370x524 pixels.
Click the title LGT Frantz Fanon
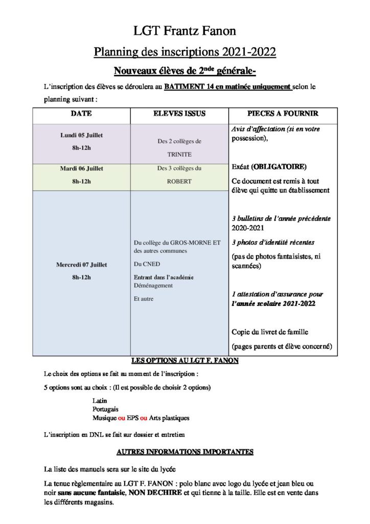pyautogui.click(x=184, y=31)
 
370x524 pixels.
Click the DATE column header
pyautogui.click(x=81, y=114)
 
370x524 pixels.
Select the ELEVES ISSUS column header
pyautogui.click(x=179, y=114)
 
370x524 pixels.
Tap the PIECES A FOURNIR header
pyautogui.click(x=283, y=114)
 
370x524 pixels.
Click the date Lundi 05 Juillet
pyautogui.click(x=81, y=136)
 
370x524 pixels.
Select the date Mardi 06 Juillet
pyautogui.click(x=81, y=168)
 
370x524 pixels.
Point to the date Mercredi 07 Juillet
pyautogui.click(x=81, y=265)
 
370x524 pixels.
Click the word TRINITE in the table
pyautogui.click(x=179, y=154)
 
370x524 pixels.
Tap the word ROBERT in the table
pyautogui.click(x=179, y=181)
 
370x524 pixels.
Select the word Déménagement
pyautogui.click(x=153, y=286)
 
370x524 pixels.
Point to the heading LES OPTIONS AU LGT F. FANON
pyautogui.click(x=184, y=361)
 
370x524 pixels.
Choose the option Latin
pyautogui.click(x=100, y=401)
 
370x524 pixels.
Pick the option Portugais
pyautogui.click(x=105, y=409)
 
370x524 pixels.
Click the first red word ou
pyautogui.click(x=122, y=418)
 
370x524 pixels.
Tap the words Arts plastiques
pyautogui.click(x=169, y=418)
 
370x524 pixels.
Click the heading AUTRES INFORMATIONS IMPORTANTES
pyautogui.click(x=184, y=452)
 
